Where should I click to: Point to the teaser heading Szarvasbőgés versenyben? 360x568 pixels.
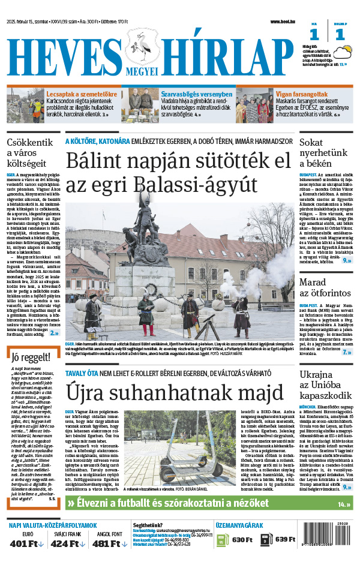coord(196,94)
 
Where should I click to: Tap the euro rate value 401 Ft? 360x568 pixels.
coord(24,544)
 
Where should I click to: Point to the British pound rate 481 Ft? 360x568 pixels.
coord(107,544)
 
